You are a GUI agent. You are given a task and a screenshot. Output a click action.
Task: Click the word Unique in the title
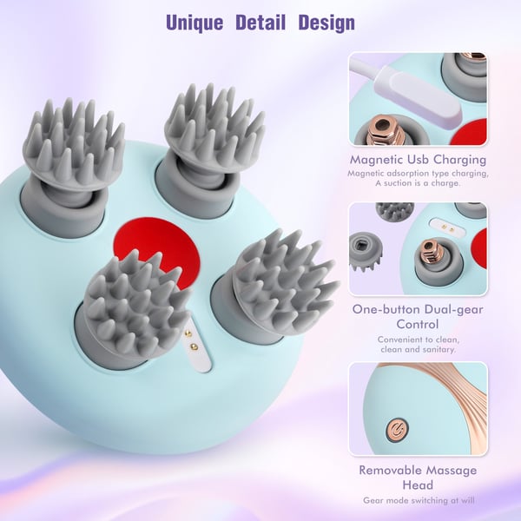(x=195, y=23)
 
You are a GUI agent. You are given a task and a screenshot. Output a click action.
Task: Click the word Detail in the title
(x=260, y=23)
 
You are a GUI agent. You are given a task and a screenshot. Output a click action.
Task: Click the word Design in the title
(x=326, y=23)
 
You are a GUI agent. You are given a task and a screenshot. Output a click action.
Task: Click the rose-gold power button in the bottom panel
(x=397, y=431)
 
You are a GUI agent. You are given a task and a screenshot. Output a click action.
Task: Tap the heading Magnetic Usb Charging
(x=418, y=160)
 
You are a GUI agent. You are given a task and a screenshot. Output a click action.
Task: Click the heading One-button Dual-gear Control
(x=418, y=317)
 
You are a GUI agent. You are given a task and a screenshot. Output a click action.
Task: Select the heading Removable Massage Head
(x=418, y=478)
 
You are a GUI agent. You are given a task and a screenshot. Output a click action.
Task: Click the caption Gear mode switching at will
(x=419, y=500)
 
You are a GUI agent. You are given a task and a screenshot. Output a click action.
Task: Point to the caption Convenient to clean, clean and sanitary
(x=419, y=345)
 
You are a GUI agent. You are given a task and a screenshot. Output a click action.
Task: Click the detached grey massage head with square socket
(x=366, y=252)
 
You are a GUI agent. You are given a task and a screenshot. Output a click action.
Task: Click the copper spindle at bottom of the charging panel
(x=386, y=130)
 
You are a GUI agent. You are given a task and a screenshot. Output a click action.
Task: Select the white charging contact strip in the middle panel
(x=446, y=225)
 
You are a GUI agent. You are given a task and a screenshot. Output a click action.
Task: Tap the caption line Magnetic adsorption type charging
(x=418, y=174)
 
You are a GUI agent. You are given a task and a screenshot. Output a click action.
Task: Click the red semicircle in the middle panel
(x=479, y=248)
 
